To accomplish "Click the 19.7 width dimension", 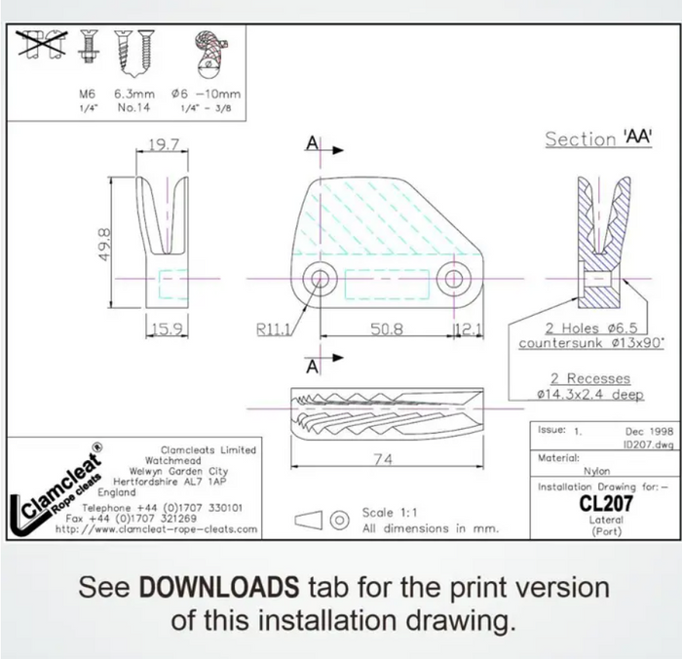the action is point(164,144).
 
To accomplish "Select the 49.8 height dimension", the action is point(105,245).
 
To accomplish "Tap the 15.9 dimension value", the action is point(168,329).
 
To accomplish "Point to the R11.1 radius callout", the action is point(273,329).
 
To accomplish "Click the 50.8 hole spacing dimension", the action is point(387,329).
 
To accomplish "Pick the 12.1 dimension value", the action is point(468,329).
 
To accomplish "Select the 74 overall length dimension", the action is point(383,459).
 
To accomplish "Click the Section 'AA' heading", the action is point(599,138).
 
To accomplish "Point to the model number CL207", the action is point(606,504).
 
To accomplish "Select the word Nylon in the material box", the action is point(596,471).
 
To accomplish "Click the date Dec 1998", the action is point(649,431).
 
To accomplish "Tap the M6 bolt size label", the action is point(87,94).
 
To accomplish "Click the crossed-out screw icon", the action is point(42,44).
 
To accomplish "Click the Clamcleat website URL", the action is point(157,529).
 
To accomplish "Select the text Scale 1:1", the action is point(390,513).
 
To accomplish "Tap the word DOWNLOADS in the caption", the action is point(219,587).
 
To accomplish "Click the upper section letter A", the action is point(313,142).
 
